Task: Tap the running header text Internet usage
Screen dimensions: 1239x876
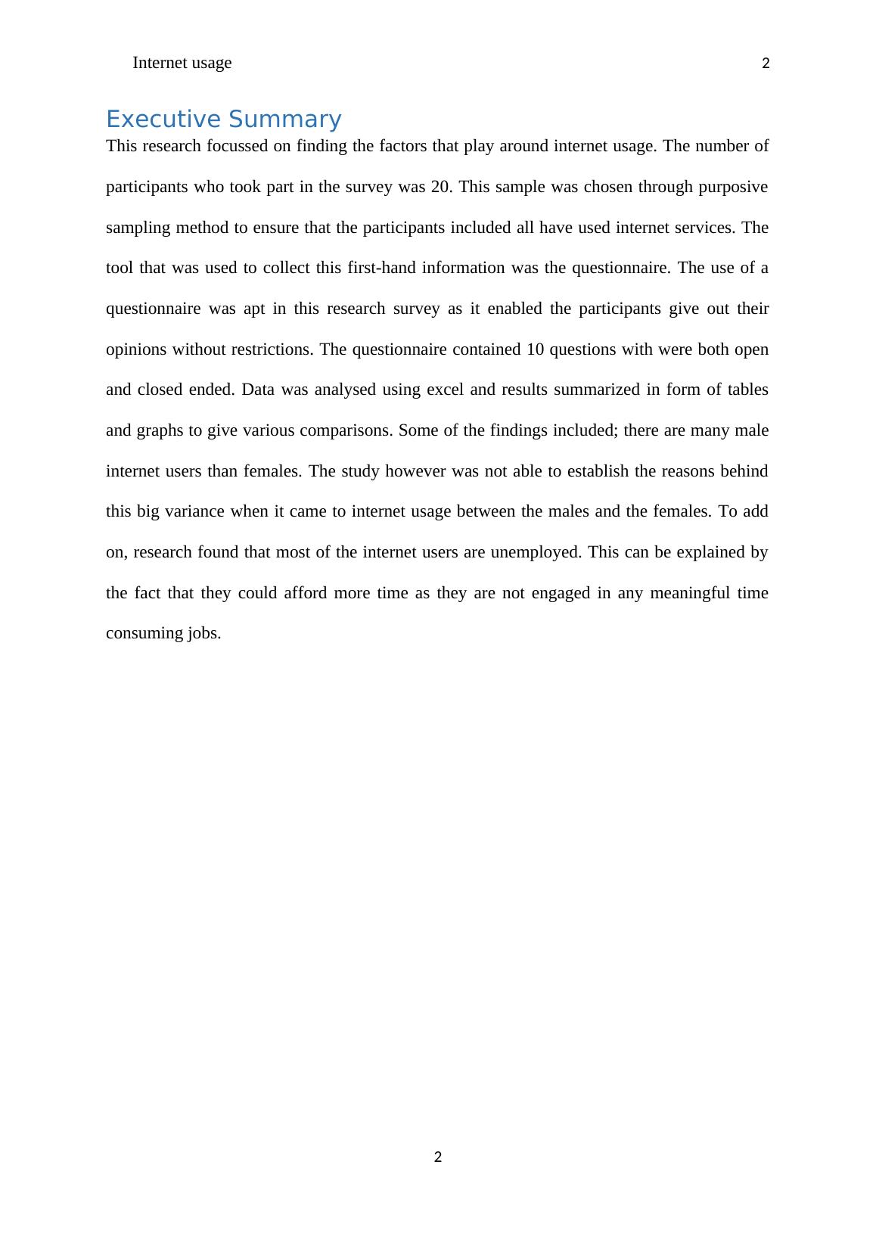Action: (x=182, y=63)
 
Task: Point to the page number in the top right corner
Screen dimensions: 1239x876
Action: (x=766, y=64)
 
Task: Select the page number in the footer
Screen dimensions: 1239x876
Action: (x=438, y=1157)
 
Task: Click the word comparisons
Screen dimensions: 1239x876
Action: (x=346, y=430)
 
